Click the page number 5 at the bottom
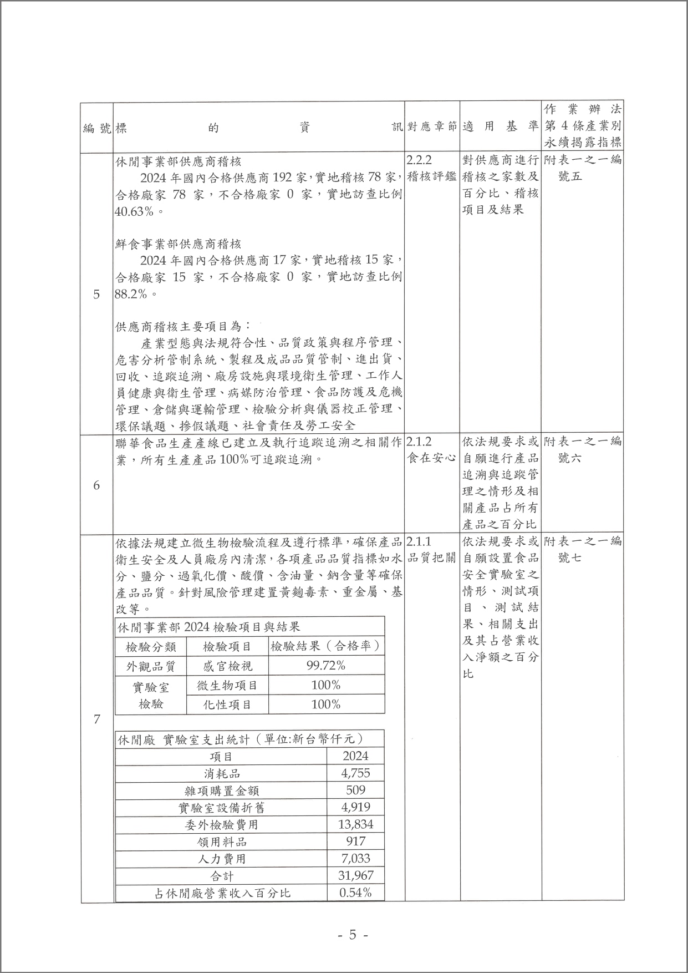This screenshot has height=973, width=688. pyautogui.click(x=352, y=935)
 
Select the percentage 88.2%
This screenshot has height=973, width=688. pyautogui.click(x=131, y=293)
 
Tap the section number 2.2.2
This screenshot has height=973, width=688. pyautogui.click(x=419, y=161)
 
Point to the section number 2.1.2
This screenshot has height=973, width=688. pyautogui.click(x=419, y=442)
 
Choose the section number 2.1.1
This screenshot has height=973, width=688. pyautogui.click(x=419, y=541)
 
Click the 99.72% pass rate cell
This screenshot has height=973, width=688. pyautogui.click(x=326, y=666)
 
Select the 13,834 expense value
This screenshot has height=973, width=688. pyautogui.click(x=355, y=824)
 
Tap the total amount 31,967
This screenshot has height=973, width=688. pyautogui.click(x=355, y=875)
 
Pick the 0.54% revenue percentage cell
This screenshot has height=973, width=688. pyautogui.click(x=355, y=893)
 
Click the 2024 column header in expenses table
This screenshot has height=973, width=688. pyautogui.click(x=355, y=756)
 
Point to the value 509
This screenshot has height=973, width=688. pyautogui.click(x=355, y=790)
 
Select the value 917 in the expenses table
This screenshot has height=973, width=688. pyautogui.click(x=355, y=842)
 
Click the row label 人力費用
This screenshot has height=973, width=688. pyautogui.click(x=222, y=859)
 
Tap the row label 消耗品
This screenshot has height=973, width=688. pyautogui.click(x=222, y=773)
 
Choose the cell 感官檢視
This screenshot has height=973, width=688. pyautogui.click(x=227, y=666)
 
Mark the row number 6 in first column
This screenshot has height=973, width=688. pyautogui.click(x=96, y=485)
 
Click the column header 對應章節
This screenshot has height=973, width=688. pyautogui.click(x=432, y=127)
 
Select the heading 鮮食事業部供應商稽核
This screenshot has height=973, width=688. pyautogui.click(x=178, y=244)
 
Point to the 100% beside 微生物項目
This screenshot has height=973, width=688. pyautogui.click(x=326, y=685)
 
